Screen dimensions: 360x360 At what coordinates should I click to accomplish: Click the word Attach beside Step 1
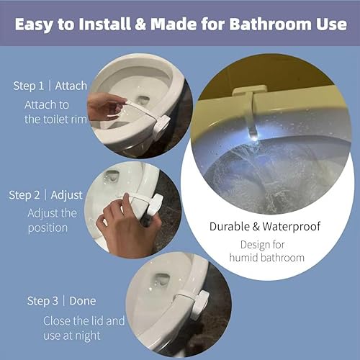[x=71, y=86]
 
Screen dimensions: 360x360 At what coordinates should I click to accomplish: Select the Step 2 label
[x=27, y=195]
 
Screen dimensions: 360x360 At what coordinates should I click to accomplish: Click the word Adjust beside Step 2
[x=67, y=195]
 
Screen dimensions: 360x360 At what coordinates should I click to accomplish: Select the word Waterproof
[x=294, y=226]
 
